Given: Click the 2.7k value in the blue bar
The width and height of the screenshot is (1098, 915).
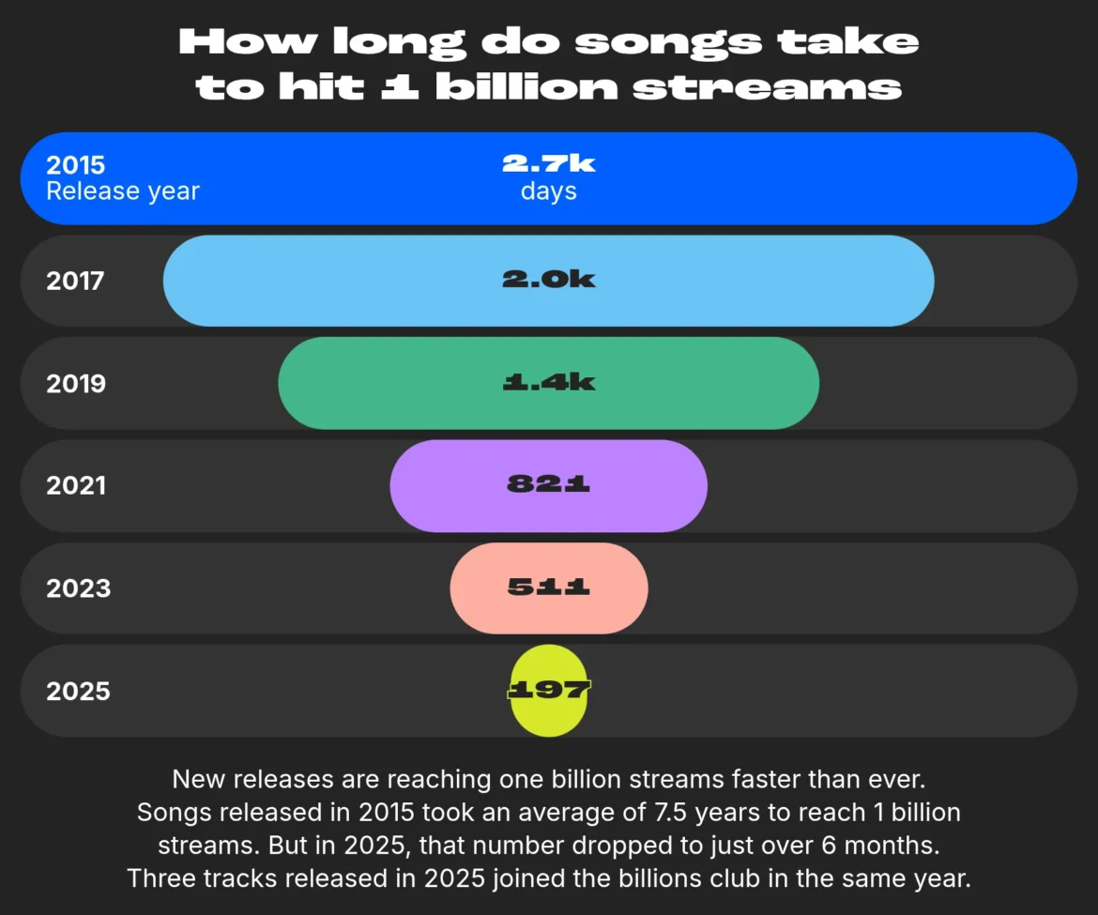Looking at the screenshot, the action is tap(548, 163).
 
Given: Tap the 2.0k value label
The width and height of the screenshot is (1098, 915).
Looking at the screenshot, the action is tap(548, 280).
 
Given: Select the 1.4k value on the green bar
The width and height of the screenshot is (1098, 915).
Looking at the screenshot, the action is tap(548, 382).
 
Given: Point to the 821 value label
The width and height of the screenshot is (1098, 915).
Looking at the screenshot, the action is tap(548, 483).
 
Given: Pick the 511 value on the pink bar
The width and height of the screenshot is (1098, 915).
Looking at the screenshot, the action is tap(548, 586).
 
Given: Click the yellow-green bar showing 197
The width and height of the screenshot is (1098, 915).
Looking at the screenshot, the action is tap(548, 691).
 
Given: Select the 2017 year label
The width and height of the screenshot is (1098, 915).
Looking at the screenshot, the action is tap(75, 281).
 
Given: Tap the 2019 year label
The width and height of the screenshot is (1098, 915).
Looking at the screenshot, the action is tap(76, 384).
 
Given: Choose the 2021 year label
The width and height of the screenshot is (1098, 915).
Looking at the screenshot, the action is tap(76, 485).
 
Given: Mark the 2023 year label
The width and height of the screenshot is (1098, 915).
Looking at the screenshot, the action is tap(79, 588).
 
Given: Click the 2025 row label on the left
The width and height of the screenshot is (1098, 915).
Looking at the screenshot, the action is tap(79, 691).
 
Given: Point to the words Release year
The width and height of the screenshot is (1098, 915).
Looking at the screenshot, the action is tap(123, 191).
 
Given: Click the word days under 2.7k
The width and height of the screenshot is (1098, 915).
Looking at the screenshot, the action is tap(548, 191).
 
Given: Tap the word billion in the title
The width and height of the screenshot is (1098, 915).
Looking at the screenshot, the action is tap(526, 87).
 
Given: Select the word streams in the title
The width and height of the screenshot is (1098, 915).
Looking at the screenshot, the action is tap(767, 88).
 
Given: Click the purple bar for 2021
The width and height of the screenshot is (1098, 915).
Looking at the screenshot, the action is tap(548, 486).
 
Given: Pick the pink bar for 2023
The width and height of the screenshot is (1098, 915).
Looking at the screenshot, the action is tap(548, 588).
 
